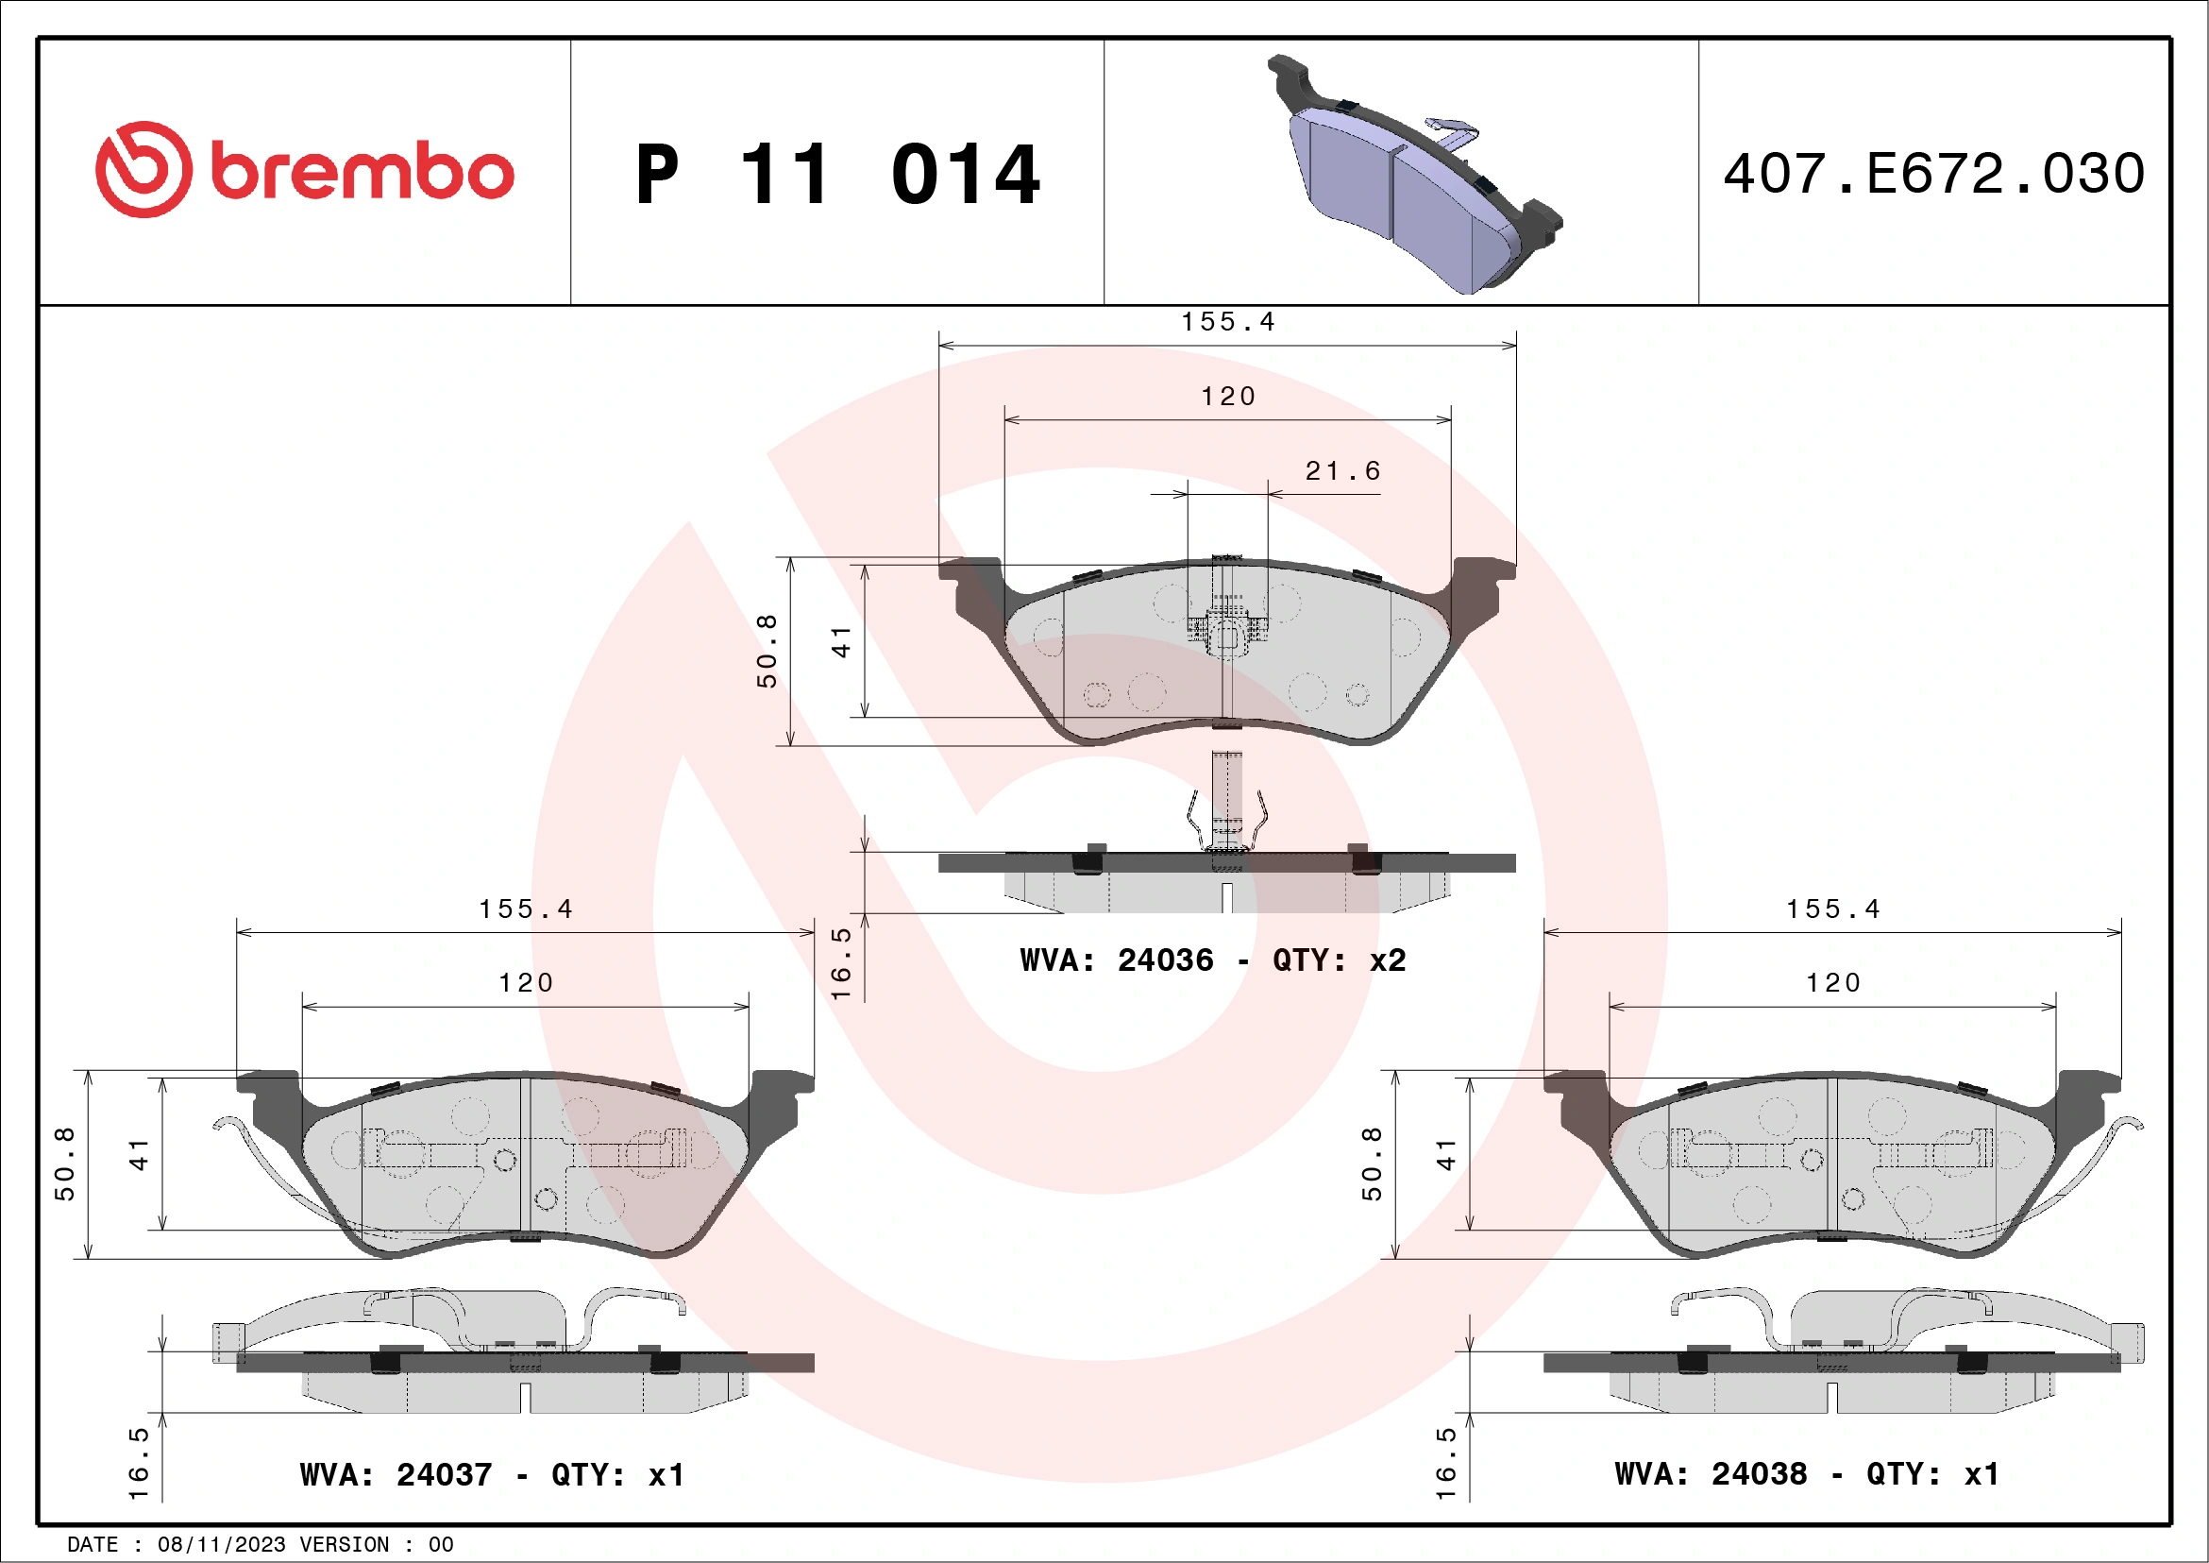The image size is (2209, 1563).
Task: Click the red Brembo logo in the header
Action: [304, 170]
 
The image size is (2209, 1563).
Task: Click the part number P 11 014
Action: [837, 175]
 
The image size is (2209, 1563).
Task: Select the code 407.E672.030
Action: [1934, 174]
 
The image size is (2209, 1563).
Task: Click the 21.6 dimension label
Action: [1342, 470]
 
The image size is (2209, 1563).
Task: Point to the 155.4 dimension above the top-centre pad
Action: [1227, 321]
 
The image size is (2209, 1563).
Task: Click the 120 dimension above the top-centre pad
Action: [1227, 397]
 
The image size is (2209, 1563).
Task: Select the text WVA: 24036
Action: [1116, 960]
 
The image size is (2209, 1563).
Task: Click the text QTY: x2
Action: [1339, 960]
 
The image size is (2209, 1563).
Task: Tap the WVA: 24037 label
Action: [396, 1474]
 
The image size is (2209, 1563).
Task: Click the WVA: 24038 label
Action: [1710, 1473]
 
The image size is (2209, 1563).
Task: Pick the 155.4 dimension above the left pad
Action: [525, 909]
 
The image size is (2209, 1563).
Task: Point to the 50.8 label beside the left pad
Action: [64, 1164]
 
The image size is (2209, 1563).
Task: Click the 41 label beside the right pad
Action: [1446, 1154]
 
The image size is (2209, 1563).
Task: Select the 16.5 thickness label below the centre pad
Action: [841, 963]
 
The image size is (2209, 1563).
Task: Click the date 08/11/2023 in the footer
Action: [221, 1544]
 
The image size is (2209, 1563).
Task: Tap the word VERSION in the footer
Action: [345, 1544]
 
